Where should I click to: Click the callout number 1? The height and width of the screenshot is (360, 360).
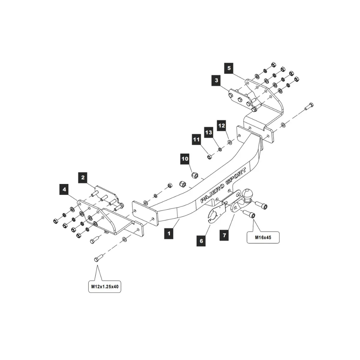168,233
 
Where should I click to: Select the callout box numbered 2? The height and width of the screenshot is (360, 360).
83,177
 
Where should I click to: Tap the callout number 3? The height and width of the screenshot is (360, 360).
216,80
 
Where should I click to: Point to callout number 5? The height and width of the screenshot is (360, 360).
229,67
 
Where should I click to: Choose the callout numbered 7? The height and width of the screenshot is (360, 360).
224,235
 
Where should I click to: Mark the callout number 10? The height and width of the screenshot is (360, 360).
185,158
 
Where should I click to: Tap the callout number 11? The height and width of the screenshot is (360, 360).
196,139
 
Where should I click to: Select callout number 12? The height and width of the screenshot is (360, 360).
221,126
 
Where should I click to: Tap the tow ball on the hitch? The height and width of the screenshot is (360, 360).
248,194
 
